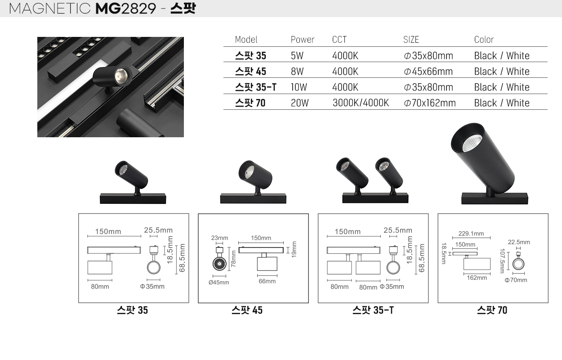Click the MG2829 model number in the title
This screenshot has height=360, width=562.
click(x=126, y=9)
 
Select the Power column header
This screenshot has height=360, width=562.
click(x=302, y=40)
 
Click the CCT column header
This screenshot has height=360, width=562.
click(x=339, y=40)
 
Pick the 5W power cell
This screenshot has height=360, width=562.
click(x=297, y=56)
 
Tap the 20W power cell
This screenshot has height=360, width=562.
click(x=299, y=103)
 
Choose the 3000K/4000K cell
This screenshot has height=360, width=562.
click(x=361, y=103)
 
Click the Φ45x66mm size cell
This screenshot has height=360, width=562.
click(x=428, y=72)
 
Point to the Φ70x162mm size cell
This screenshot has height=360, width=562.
click(x=429, y=103)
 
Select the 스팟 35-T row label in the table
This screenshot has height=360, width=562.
click(x=256, y=87)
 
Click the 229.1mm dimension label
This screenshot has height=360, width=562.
click(x=471, y=234)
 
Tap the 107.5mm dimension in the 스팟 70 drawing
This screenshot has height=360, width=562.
click(x=502, y=261)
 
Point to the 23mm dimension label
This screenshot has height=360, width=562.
click(x=219, y=238)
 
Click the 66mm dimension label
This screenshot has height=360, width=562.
click(x=267, y=281)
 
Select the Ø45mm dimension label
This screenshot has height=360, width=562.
click(x=219, y=283)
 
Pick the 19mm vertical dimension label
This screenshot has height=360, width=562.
click(x=294, y=249)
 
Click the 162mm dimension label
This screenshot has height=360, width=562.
click(x=477, y=278)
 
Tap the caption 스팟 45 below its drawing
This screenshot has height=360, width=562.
click(x=247, y=310)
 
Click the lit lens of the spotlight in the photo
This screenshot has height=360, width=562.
click(x=120, y=75)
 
